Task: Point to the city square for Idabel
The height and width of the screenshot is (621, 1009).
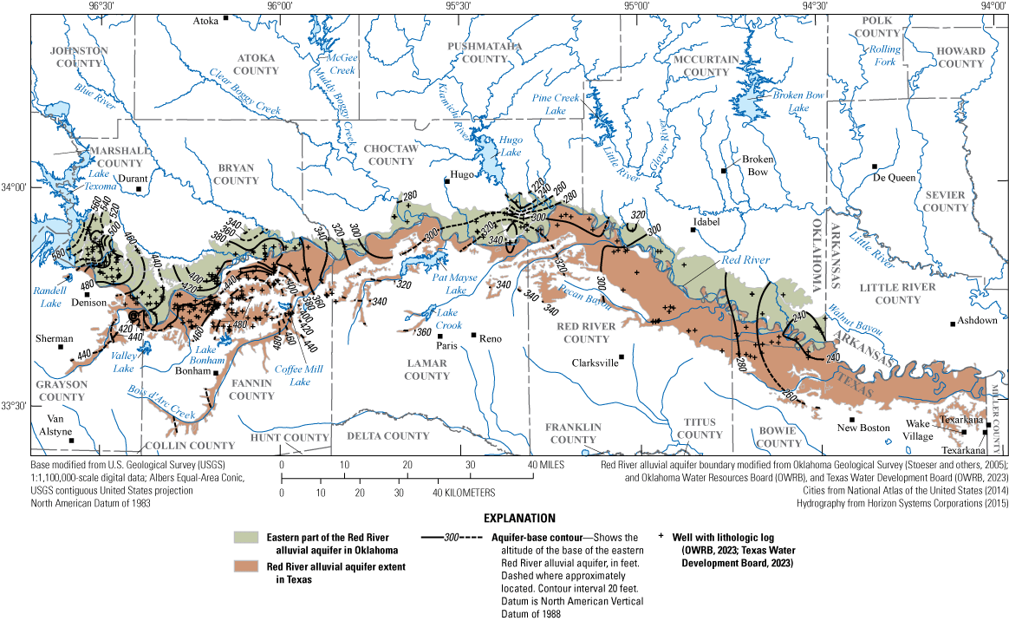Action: click(693, 230)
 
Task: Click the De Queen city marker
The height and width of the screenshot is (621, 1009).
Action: click(875, 167)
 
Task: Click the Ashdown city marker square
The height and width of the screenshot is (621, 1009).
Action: click(953, 324)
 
